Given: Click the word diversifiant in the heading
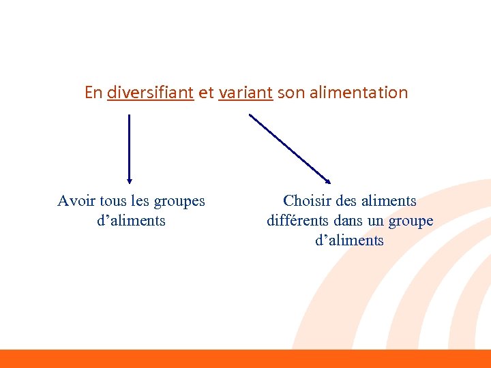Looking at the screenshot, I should click(x=151, y=93).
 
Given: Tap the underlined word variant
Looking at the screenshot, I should click(x=245, y=93).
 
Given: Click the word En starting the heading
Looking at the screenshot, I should click(x=93, y=93).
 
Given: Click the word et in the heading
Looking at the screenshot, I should click(x=206, y=93).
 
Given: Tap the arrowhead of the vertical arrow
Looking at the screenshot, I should click(x=130, y=180).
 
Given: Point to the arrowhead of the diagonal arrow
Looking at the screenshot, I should click(x=327, y=181).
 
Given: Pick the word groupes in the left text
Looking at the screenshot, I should click(x=179, y=202).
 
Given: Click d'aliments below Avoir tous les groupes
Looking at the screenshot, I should click(x=132, y=221).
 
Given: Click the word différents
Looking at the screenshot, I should click(x=299, y=221).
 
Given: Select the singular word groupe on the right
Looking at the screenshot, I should click(x=411, y=221).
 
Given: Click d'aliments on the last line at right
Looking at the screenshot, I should click(x=350, y=241).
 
